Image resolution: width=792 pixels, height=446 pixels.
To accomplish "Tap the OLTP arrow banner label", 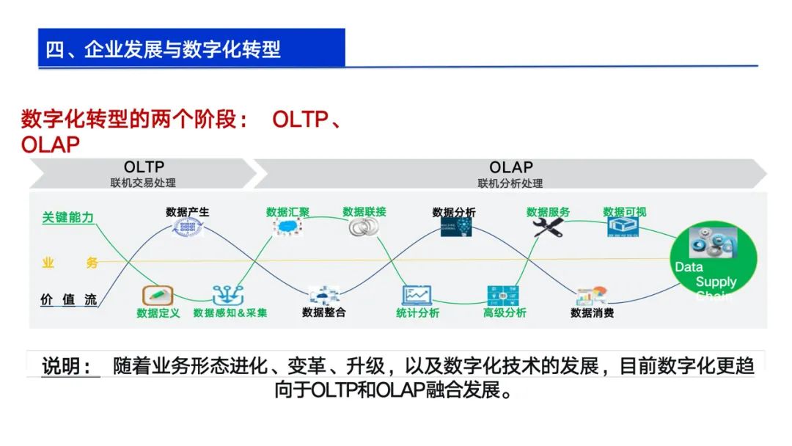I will click(144, 167).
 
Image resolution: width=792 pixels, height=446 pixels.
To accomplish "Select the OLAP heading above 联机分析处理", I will click(510, 167).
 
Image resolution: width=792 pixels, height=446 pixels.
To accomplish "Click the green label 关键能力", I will click(67, 217).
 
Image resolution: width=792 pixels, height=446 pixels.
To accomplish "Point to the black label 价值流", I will click(68, 299).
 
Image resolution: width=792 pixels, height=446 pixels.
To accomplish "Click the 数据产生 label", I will click(187, 212).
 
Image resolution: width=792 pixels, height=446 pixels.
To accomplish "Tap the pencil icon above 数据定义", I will click(157, 296).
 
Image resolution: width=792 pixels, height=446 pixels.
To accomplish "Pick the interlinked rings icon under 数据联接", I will click(362, 227).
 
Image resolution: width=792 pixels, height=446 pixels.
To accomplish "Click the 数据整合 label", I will click(323, 312).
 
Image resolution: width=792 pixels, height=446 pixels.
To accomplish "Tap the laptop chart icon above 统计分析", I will click(417, 295).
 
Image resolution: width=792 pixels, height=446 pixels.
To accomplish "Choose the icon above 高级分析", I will click(504, 295).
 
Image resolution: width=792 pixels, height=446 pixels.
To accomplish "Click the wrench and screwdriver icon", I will click(547, 227).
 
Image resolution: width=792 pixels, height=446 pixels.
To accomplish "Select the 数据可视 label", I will click(625, 212).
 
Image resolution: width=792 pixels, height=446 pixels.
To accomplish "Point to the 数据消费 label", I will click(592, 313).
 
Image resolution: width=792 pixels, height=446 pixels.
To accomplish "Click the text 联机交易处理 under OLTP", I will click(143, 183).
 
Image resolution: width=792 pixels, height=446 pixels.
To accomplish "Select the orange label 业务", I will click(69, 263).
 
